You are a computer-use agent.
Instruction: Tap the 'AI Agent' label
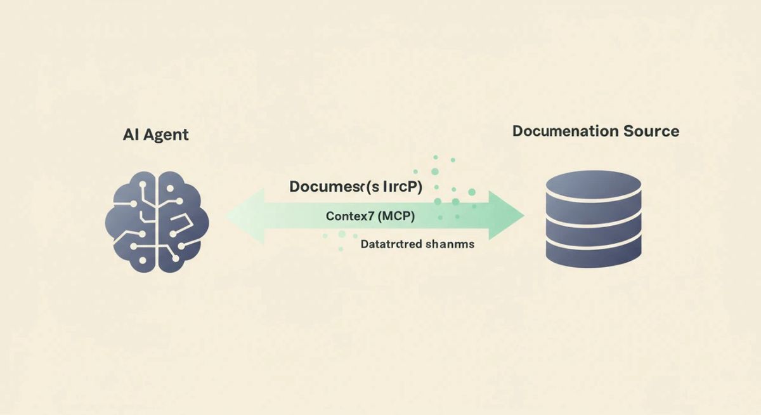[156, 135]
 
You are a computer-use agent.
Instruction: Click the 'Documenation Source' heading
[595, 131]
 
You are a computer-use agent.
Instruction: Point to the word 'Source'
[651, 131]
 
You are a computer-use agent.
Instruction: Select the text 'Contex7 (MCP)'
[370, 216]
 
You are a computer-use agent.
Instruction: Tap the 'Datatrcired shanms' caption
[417, 244]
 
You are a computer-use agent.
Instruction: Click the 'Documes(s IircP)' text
[356, 187]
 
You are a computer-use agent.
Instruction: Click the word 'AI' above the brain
[130, 135]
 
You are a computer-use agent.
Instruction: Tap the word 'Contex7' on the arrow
[350, 216]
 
